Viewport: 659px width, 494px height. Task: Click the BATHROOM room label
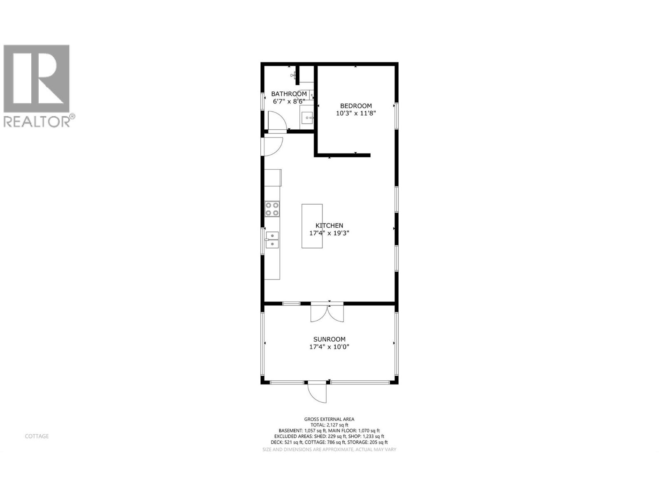click(289, 94)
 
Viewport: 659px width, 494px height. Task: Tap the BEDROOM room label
click(356, 106)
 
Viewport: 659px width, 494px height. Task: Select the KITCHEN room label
click(329, 226)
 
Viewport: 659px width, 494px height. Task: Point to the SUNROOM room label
click(329, 339)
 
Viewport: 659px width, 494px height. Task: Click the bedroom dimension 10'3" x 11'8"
click(356, 113)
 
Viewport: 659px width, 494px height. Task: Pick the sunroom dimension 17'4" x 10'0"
click(329, 347)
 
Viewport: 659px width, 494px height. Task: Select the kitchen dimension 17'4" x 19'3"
click(329, 233)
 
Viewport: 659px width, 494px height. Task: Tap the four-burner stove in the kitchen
click(272, 209)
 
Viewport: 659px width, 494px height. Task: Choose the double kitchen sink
click(272, 240)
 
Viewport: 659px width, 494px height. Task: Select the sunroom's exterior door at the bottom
click(317, 393)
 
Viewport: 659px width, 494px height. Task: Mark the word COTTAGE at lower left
click(37, 436)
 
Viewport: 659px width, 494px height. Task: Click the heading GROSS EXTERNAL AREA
click(329, 419)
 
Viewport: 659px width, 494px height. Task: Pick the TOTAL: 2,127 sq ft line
click(329, 425)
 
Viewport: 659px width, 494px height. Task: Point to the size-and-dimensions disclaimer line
click(329, 450)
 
